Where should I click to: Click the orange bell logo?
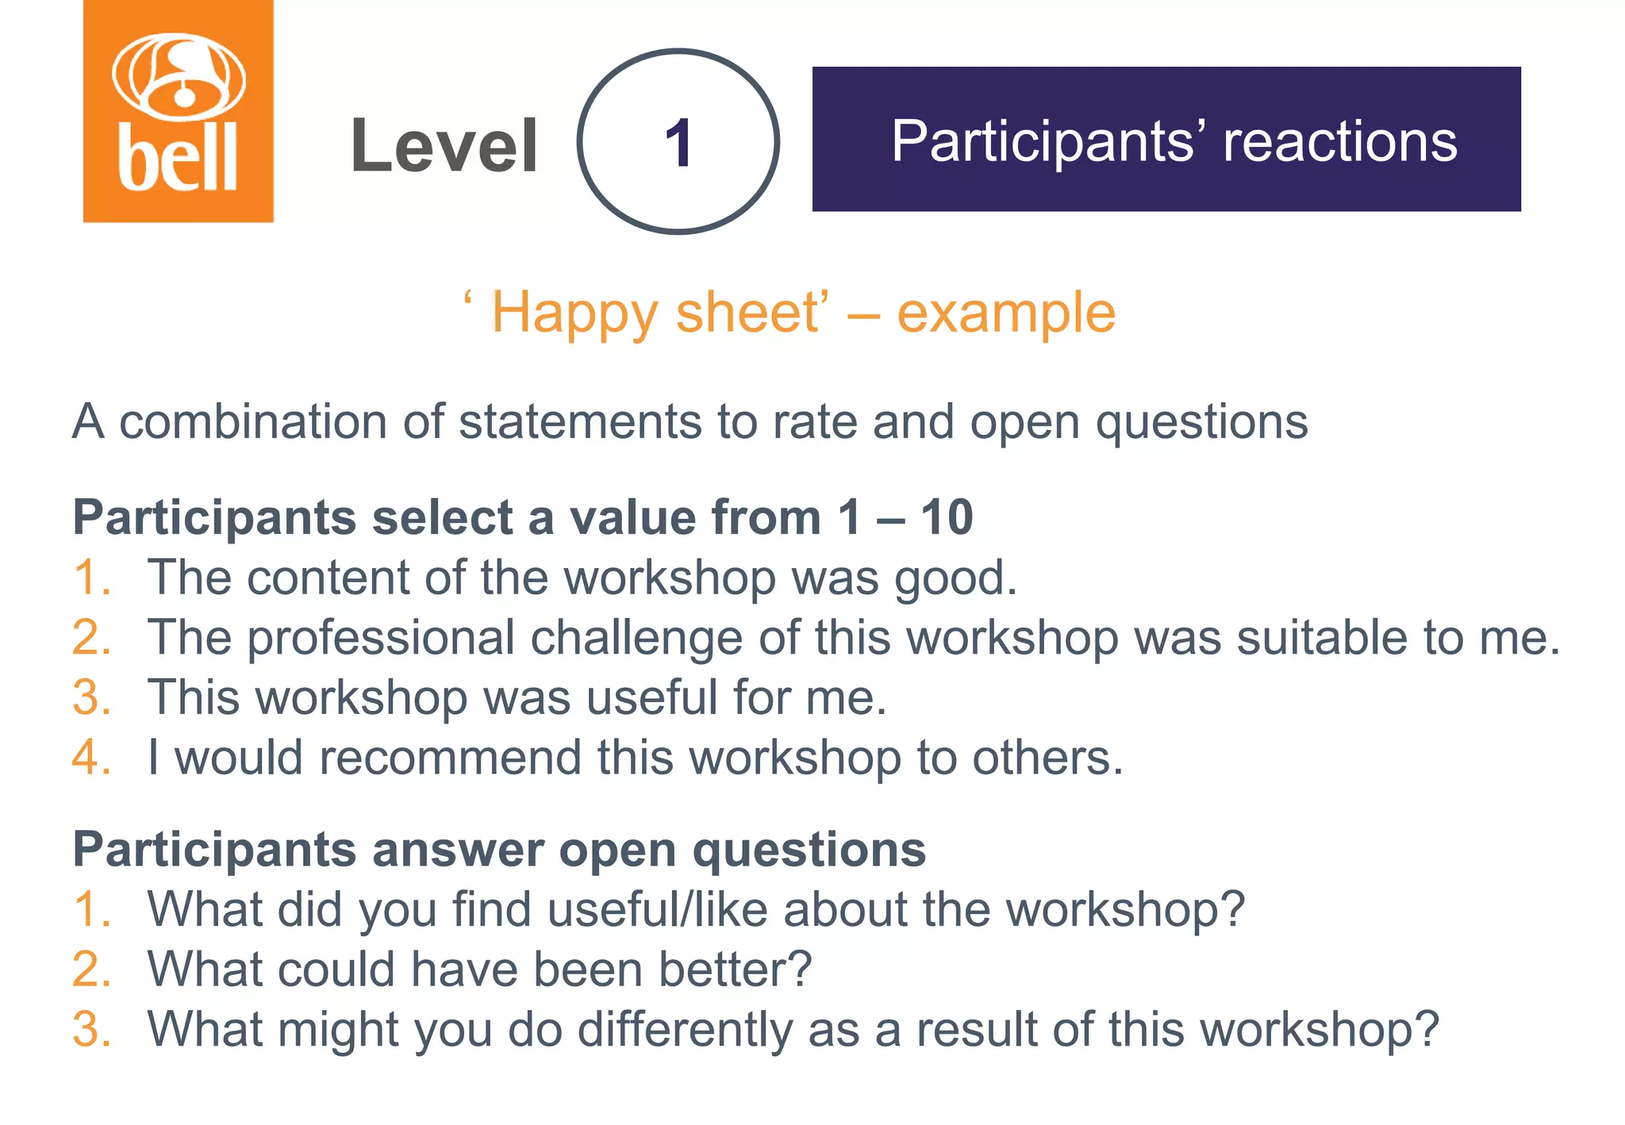tap(178, 111)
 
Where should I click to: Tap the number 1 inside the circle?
tap(678, 143)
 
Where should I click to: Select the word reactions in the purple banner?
tap(1339, 141)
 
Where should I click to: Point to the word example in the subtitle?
tap(1006, 313)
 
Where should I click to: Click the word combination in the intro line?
tap(253, 421)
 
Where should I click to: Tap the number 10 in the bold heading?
tap(947, 517)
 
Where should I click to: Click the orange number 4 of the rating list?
tap(86, 758)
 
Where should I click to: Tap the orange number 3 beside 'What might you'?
tap(86, 1029)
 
